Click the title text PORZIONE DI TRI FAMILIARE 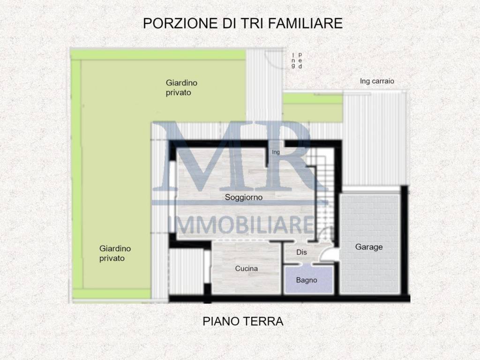click(x=243, y=23)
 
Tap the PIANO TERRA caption click(x=243, y=322)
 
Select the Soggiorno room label click(x=243, y=197)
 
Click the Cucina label click(x=246, y=269)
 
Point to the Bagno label click(x=307, y=280)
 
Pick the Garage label click(x=368, y=247)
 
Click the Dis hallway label click(x=301, y=252)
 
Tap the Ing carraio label click(x=377, y=81)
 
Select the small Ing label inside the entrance click(x=276, y=152)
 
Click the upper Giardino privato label click(x=181, y=88)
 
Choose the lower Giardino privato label click(x=115, y=253)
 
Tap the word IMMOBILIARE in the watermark click(x=242, y=225)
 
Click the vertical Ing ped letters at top click(x=297, y=61)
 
